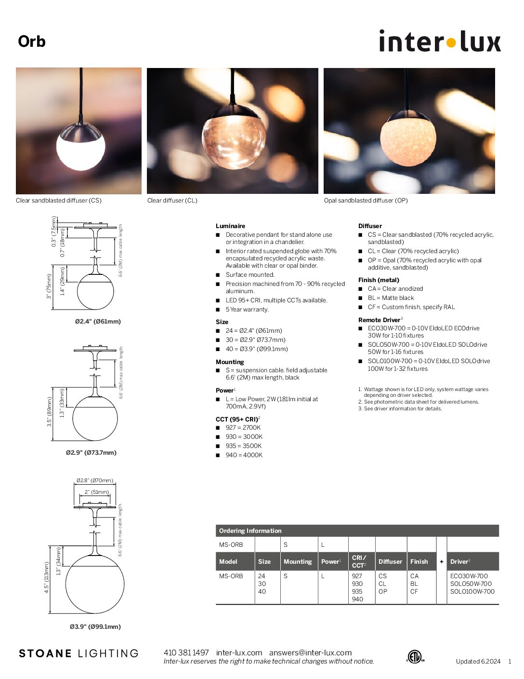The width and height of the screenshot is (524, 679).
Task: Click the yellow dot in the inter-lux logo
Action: pos(451,43)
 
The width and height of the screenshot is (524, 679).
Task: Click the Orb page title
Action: pos(32,41)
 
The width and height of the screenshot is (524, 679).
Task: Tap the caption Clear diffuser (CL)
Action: pos(172,201)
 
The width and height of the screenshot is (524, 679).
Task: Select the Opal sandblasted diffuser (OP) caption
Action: pos(366,201)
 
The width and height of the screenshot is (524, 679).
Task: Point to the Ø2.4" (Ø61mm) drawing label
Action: pos(98,322)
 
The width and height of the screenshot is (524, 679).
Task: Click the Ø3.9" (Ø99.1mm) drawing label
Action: pos(95,627)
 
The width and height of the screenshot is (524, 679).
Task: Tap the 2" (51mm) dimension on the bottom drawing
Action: pos(96,492)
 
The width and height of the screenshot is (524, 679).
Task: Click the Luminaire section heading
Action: pos(230,226)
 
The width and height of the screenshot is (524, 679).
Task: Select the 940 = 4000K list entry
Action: pos(244,455)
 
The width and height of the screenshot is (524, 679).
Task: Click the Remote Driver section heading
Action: pos(379,320)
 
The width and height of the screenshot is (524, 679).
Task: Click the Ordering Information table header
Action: pos(250,531)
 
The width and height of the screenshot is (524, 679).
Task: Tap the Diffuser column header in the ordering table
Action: pos(390,562)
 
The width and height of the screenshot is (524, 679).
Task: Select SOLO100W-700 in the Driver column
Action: pos(472,592)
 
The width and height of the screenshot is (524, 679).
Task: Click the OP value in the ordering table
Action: pos(383,592)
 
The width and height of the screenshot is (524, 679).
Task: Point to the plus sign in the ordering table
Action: pos(442,562)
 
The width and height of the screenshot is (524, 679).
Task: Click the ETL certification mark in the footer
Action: pos(414,656)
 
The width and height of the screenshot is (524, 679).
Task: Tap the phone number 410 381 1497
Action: pos(186,653)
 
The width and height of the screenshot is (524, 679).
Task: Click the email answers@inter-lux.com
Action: pos(310,653)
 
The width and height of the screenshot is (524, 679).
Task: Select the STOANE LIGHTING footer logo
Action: pos(79,654)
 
